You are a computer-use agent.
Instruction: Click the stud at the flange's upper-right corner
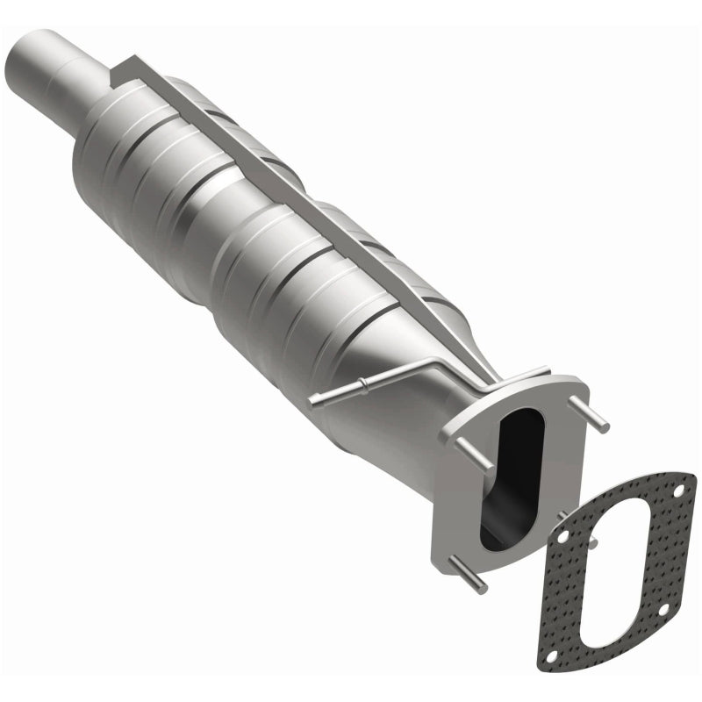(595, 417)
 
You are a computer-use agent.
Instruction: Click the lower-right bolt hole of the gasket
(664, 608)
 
